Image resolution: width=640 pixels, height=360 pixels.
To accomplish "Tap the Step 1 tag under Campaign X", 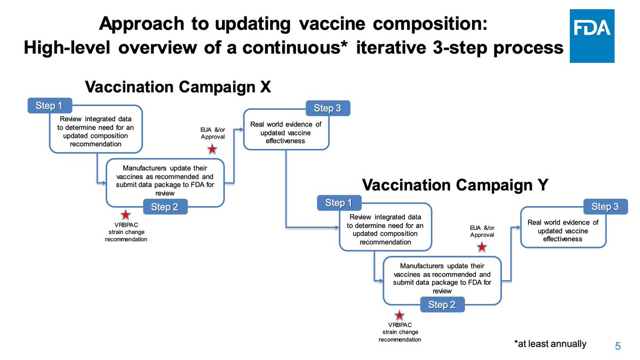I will (50, 106).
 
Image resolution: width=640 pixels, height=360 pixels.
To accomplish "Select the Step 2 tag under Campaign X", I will (165, 207).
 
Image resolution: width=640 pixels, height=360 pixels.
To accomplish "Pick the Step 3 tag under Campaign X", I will (327, 108).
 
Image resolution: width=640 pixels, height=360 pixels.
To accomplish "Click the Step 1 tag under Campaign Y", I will (339, 203).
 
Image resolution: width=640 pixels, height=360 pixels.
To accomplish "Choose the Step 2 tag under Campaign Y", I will (442, 305).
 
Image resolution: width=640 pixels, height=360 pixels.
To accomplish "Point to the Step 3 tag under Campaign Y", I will (605, 206).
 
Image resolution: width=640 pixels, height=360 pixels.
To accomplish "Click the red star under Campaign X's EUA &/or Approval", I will (212, 148).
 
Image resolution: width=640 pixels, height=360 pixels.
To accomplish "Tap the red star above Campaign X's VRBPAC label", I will (125, 215).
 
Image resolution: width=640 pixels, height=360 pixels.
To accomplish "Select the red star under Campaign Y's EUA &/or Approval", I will (482, 247).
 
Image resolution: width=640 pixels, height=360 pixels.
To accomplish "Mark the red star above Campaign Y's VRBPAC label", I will (399, 315).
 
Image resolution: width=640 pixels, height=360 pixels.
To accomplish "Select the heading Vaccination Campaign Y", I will (454, 186).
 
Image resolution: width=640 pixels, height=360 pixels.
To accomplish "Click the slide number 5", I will (618, 346).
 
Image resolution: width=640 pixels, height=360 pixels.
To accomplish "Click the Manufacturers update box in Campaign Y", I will (442, 278).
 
